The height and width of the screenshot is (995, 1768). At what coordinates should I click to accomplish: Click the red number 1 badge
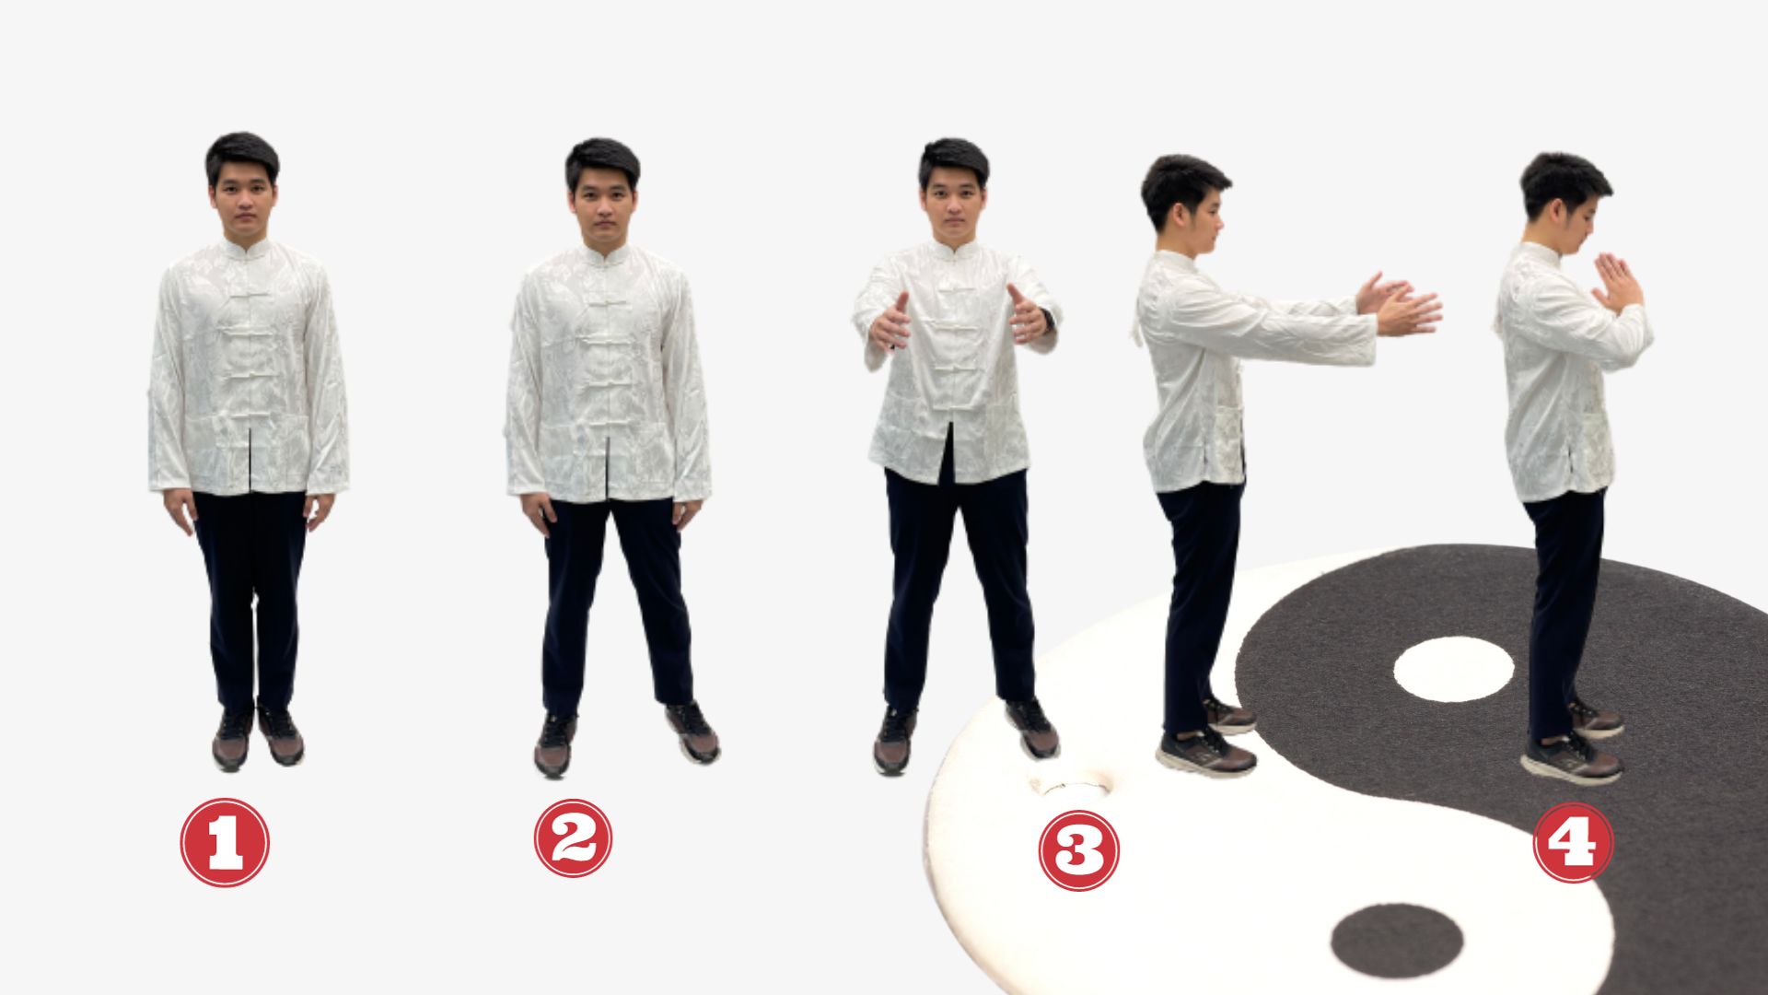[x=225, y=842]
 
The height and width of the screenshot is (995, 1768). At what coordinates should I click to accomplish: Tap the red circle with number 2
[x=573, y=837]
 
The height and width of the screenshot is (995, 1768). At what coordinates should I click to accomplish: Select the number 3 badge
[x=1078, y=850]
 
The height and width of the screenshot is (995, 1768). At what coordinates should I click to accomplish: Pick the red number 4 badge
[x=1573, y=842]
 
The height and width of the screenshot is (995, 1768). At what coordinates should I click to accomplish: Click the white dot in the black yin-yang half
[x=1453, y=669]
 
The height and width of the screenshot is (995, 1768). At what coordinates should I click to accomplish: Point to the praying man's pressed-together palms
[x=1616, y=282]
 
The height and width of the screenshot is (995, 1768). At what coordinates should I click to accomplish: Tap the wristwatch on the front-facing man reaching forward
[x=1047, y=321]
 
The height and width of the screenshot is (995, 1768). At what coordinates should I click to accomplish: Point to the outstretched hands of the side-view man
[x=1398, y=304]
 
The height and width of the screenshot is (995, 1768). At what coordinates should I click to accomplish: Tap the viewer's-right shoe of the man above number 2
[x=692, y=732]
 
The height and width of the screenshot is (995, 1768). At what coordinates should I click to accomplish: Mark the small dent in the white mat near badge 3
[x=1071, y=786]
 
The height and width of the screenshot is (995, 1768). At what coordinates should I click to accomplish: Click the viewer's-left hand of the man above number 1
[x=180, y=509]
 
